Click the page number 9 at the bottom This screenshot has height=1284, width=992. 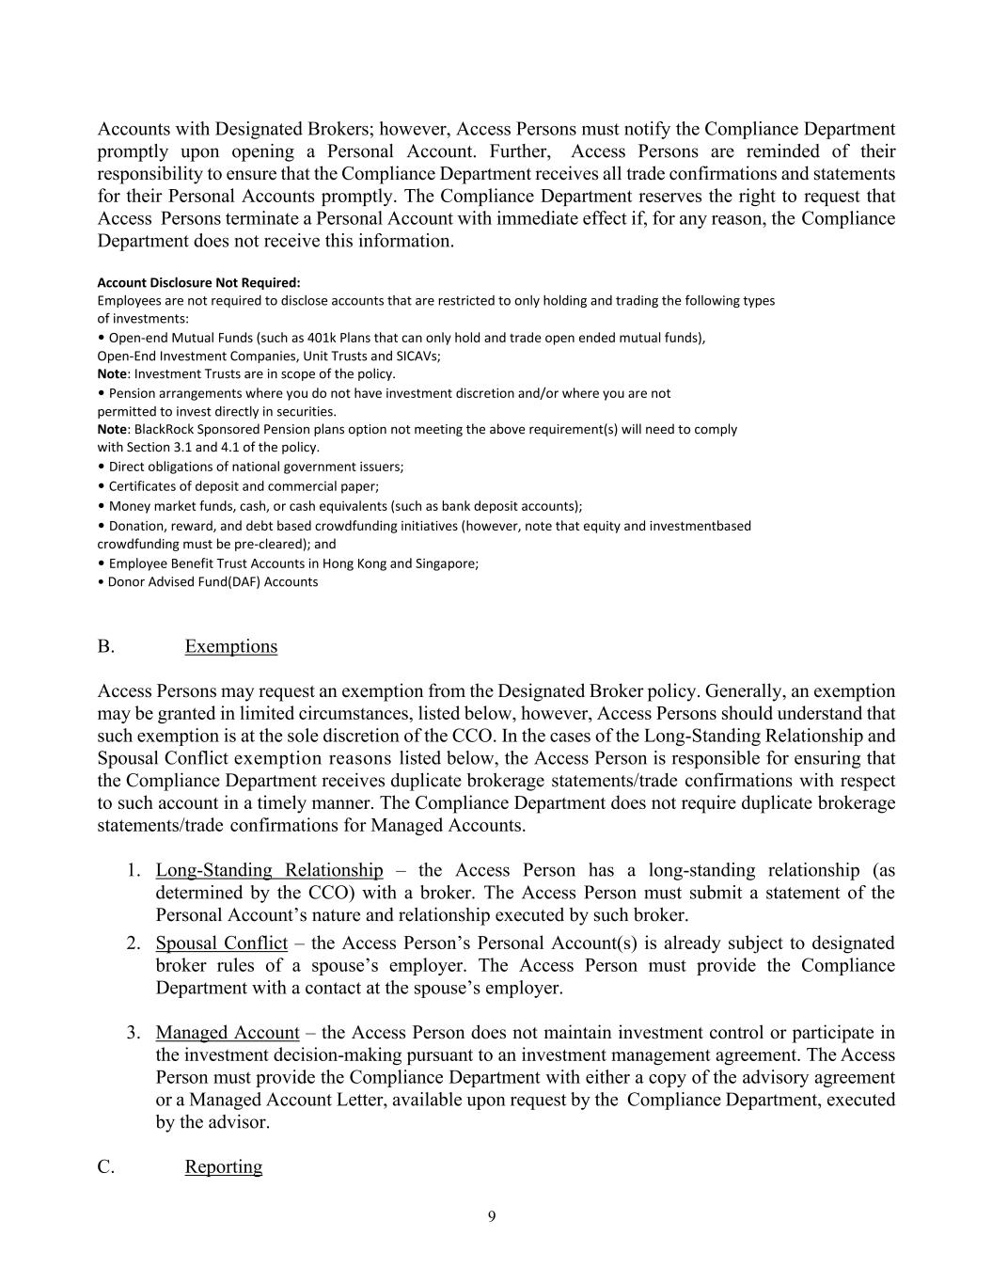[492, 1217]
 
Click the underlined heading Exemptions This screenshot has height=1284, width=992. [230, 646]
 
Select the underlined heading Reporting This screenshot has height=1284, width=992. [223, 1166]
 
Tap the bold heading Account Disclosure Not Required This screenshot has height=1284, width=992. [198, 282]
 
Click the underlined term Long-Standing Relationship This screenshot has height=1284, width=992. [269, 870]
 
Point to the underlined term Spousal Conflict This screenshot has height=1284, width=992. [221, 943]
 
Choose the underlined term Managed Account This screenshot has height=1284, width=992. [228, 1033]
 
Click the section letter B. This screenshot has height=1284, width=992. [105, 646]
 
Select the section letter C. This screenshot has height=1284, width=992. [105, 1166]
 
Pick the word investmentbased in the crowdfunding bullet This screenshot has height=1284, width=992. [704, 526]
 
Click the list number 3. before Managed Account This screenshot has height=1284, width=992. [134, 1033]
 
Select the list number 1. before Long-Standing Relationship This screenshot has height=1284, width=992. [134, 870]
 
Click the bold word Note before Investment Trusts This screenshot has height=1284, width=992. [112, 373]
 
